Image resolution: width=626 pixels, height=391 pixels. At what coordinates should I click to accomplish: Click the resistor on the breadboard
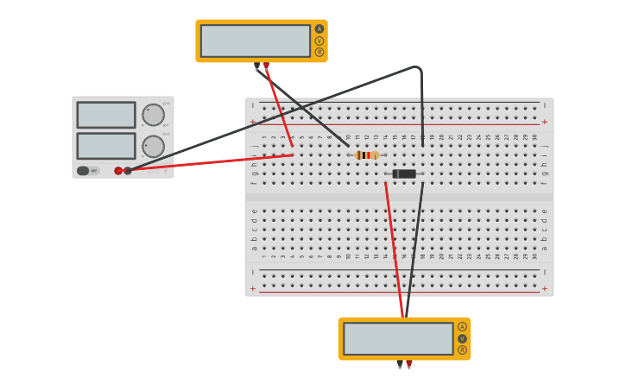[366, 155]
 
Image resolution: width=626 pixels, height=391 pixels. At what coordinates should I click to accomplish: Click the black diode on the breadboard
[404, 174]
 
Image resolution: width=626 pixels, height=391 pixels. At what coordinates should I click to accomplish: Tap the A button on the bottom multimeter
[462, 327]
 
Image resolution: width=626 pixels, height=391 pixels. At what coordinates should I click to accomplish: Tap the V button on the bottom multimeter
[462, 338]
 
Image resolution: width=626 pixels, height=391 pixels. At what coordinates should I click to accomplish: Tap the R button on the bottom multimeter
[462, 350]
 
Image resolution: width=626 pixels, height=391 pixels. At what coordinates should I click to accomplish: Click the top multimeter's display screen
[255, 41]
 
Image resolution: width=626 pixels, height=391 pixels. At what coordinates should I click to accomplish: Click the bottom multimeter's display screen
[398, 338]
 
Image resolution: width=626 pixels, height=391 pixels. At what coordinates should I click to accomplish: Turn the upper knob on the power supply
[153, 115]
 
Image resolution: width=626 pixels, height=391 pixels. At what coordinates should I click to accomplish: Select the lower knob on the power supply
[153, 146]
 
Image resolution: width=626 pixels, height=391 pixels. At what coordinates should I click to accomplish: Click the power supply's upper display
[106, 115]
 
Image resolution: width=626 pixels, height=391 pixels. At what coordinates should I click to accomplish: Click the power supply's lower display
[106, 146]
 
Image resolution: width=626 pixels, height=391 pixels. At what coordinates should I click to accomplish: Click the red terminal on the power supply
[118, 171]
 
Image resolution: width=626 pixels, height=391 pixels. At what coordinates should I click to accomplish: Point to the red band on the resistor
[369, 155]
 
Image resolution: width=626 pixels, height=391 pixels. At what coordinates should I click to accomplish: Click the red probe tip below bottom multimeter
[409, 364]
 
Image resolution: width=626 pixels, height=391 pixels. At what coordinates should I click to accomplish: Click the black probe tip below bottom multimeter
[400, 364]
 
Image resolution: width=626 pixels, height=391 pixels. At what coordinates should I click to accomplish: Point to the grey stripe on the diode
[395, 174]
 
